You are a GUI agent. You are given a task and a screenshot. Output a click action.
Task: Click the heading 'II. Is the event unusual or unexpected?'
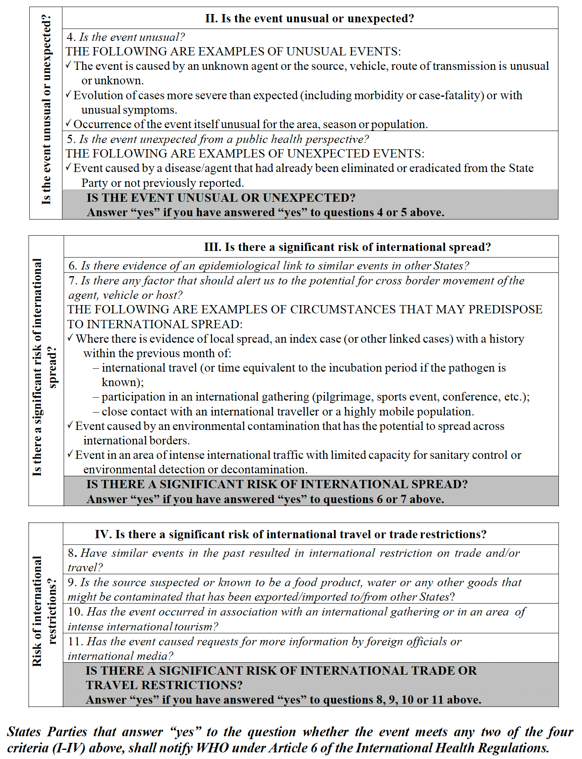click(309, 19)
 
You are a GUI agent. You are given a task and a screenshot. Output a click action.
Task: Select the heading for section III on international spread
click(347, 247)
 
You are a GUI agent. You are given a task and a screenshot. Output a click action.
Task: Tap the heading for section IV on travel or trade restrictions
click(291, 535)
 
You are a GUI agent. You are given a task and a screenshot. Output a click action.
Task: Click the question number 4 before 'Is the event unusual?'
click(71, 37)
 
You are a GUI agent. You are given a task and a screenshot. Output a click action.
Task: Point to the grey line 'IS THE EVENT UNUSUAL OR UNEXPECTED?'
click(221, 198)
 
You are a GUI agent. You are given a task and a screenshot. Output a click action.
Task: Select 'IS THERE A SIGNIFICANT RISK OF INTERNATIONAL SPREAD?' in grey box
click(277, 485)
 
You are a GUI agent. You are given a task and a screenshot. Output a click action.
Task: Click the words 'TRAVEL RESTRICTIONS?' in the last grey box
click(164, 685)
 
